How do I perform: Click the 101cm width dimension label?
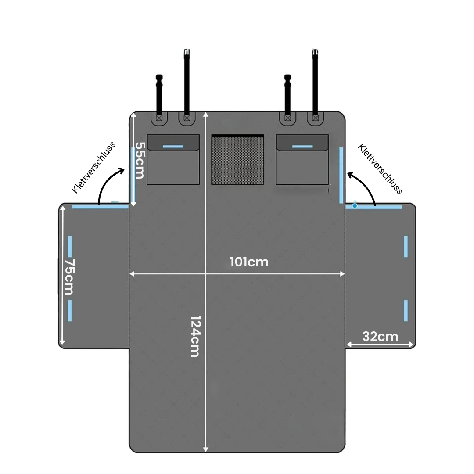point(249,262)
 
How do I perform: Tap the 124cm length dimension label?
point(196,337)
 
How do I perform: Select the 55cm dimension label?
point(140,161)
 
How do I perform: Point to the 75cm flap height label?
point(69,277)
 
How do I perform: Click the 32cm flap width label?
point(380,337)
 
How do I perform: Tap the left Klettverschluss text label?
point(94,167)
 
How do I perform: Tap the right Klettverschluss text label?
point(380,169)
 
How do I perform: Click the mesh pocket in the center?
point(237,160)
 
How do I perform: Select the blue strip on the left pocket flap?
point(173,147)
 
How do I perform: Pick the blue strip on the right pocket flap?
point(302,147)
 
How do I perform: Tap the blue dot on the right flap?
point(355,205)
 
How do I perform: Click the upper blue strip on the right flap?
point(406,247)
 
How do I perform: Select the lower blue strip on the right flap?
point(406,311)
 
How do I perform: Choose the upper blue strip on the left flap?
point(70,247)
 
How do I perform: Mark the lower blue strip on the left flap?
point(70,311)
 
